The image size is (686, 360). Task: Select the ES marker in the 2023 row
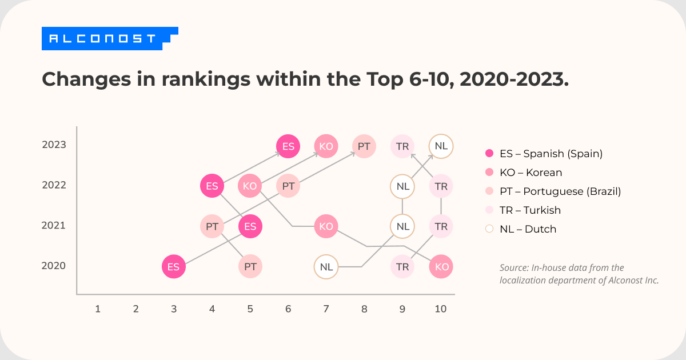coord(288,146)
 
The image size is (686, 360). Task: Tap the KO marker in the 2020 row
coord(441,267)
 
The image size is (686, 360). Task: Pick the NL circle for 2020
coord(326,267)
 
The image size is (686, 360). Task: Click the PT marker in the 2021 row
coord(212,226)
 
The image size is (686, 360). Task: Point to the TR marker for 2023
coord(402,146)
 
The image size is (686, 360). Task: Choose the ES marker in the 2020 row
coord(174,267)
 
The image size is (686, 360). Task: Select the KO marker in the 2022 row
coord(250,186)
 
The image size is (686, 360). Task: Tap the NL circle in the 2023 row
coord(441,146)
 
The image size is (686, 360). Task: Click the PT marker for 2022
coord(288,186)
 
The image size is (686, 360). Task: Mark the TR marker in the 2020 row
coord(402,267)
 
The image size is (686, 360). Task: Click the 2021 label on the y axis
coord(54,226)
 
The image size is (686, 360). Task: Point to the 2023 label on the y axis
coord(54,145)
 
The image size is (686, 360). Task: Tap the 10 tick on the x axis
coord(440,309)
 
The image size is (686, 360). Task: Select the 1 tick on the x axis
coord(98,309)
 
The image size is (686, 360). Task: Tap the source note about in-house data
coord(579,274)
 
